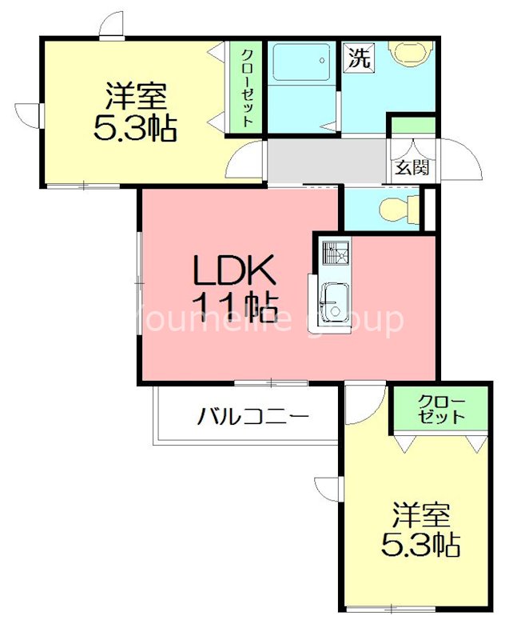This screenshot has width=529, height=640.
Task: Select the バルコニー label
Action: [x=253, y=416]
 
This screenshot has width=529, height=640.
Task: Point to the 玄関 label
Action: [x=412, y=168]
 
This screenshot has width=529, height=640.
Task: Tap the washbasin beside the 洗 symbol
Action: [x=409, y=54]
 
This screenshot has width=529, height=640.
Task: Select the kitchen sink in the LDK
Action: [x=333, y=302]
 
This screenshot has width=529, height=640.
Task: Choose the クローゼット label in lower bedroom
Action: [x=440, y=409]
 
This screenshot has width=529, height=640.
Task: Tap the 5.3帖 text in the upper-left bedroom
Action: [x=135, y=128]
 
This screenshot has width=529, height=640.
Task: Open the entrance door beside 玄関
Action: [x=459, y=160]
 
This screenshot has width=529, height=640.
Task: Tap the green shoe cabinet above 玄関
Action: [x=413, y=126]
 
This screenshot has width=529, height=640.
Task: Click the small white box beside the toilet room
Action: [x=428, y=209]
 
